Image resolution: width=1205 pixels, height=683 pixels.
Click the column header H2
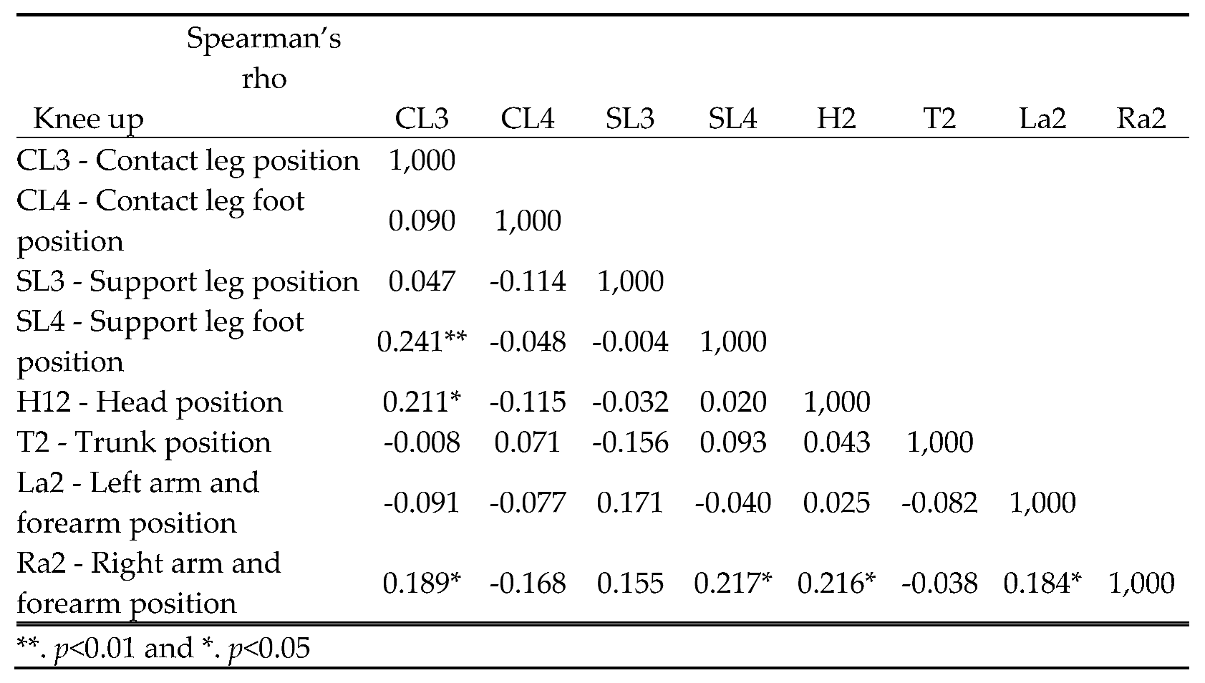tap(836, 119)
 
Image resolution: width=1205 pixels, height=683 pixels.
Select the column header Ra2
tap(1141, 119)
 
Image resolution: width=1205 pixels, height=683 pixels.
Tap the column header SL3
tap(629, 119)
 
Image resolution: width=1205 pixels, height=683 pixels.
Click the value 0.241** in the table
tap(422, 341)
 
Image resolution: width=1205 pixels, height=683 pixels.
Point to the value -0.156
tap(630, 442)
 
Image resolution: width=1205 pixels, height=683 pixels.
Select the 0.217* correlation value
tap(732, 583)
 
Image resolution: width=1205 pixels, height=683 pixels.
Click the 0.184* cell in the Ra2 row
tap(1042, 583)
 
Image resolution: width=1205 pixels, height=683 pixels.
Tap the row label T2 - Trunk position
tap(144, 442)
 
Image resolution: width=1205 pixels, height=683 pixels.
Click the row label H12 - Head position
tap(150, 402)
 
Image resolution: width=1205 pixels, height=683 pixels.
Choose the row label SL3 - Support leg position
tap(188, 281)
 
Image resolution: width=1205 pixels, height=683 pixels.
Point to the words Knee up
tap(88, 119)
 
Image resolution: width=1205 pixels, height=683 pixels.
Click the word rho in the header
tap(263, 78)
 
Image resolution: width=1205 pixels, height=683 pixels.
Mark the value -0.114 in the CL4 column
tap(528, 281)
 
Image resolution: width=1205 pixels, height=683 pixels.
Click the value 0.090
tap(422, 221)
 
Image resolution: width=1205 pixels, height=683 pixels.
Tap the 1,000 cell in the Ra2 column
tap(1141, 583)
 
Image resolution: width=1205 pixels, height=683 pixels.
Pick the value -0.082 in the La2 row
tap(939, 503)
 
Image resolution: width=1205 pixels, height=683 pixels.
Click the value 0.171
tap(630, 503)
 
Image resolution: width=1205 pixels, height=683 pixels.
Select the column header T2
tap(939, 119)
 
